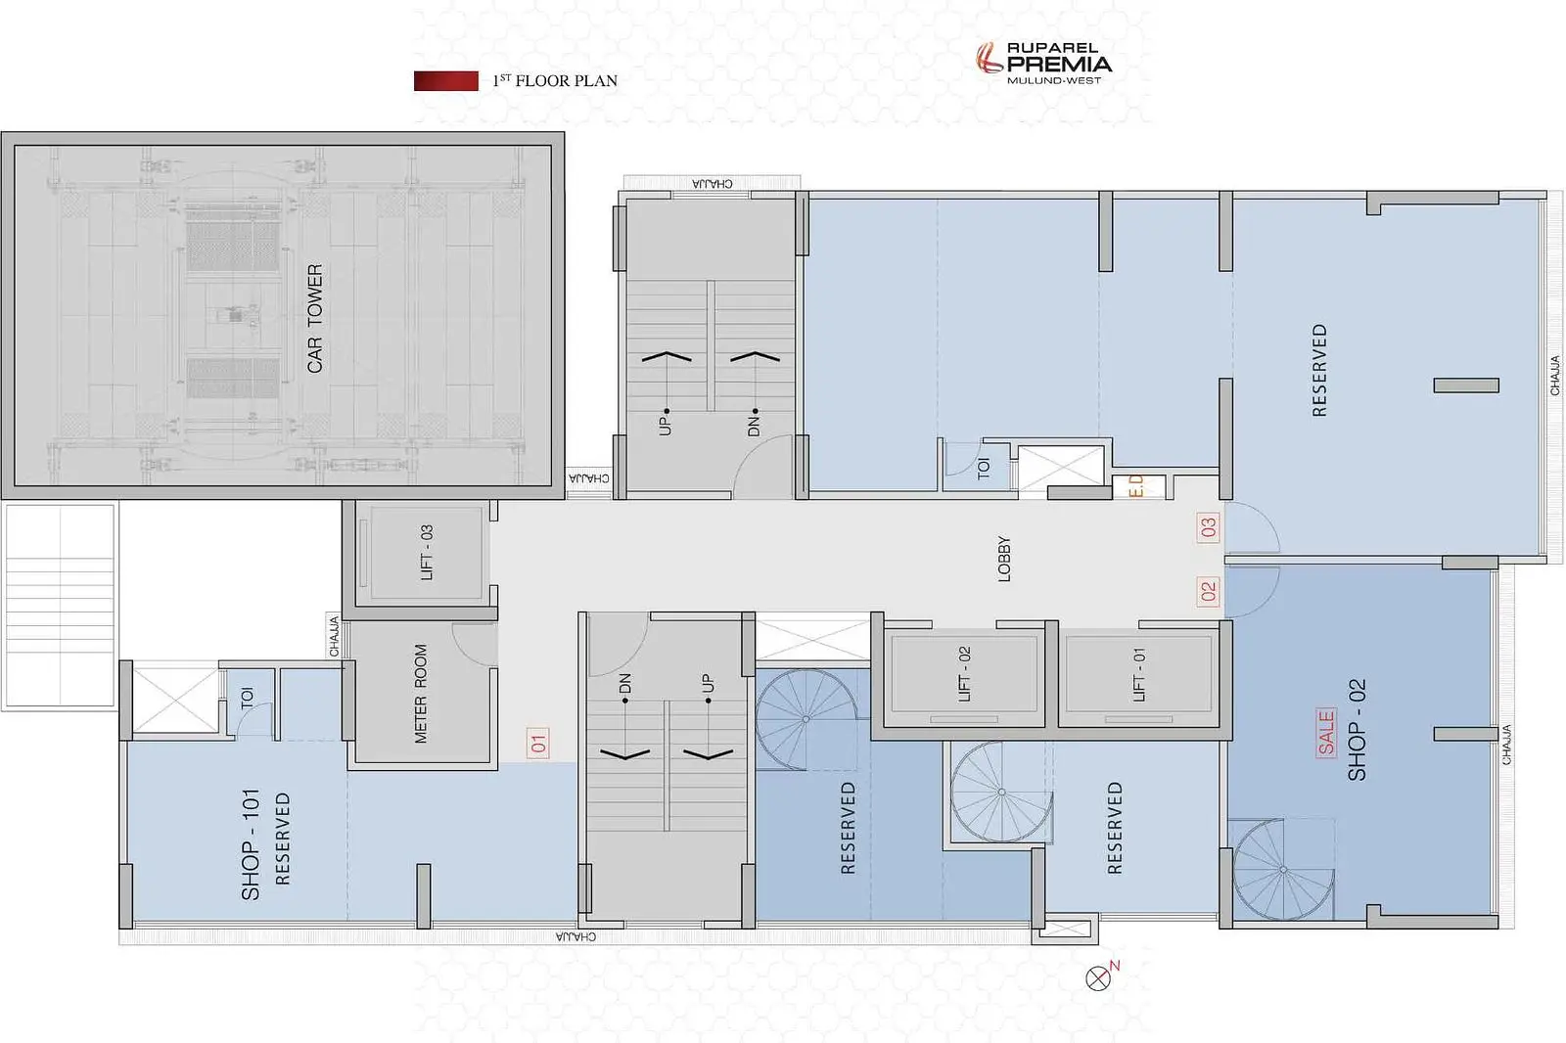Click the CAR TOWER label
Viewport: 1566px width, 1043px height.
click(x=314, y=318)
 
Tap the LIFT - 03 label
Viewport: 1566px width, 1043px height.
click(x=427, y=552)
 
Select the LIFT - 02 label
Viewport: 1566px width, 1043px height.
click(x=964, y=674)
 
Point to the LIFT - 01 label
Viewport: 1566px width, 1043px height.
click(x=1139, y=674)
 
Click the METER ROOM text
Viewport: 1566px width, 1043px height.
click(x=420, y=694)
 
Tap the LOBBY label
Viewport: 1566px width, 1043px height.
click(x=1004, y=559)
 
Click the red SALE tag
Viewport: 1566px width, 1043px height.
click(x=1325, y=733)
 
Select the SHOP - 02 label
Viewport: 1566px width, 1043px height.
click(x=1357, y=730)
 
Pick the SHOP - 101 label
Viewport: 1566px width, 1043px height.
click(x=251, y=844)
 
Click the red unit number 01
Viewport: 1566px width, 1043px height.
click(x=537, y=743)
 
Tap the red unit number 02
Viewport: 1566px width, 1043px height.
click(x=1208, y=591)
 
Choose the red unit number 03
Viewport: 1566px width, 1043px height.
click(x=1208, y=527)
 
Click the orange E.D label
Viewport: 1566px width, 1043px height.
click(x=1136, y=486)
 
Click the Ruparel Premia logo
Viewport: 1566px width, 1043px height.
click(x=1043, y=63)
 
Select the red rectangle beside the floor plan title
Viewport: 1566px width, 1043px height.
click(x=446, y=81)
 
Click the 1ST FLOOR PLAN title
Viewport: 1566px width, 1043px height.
click(x=555, y=80)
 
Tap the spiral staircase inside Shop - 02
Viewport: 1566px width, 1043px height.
click(x=1283, y=870)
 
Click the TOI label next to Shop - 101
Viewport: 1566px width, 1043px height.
click(x=247, y=699)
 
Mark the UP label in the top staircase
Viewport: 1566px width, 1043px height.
click(x=665, y=425)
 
